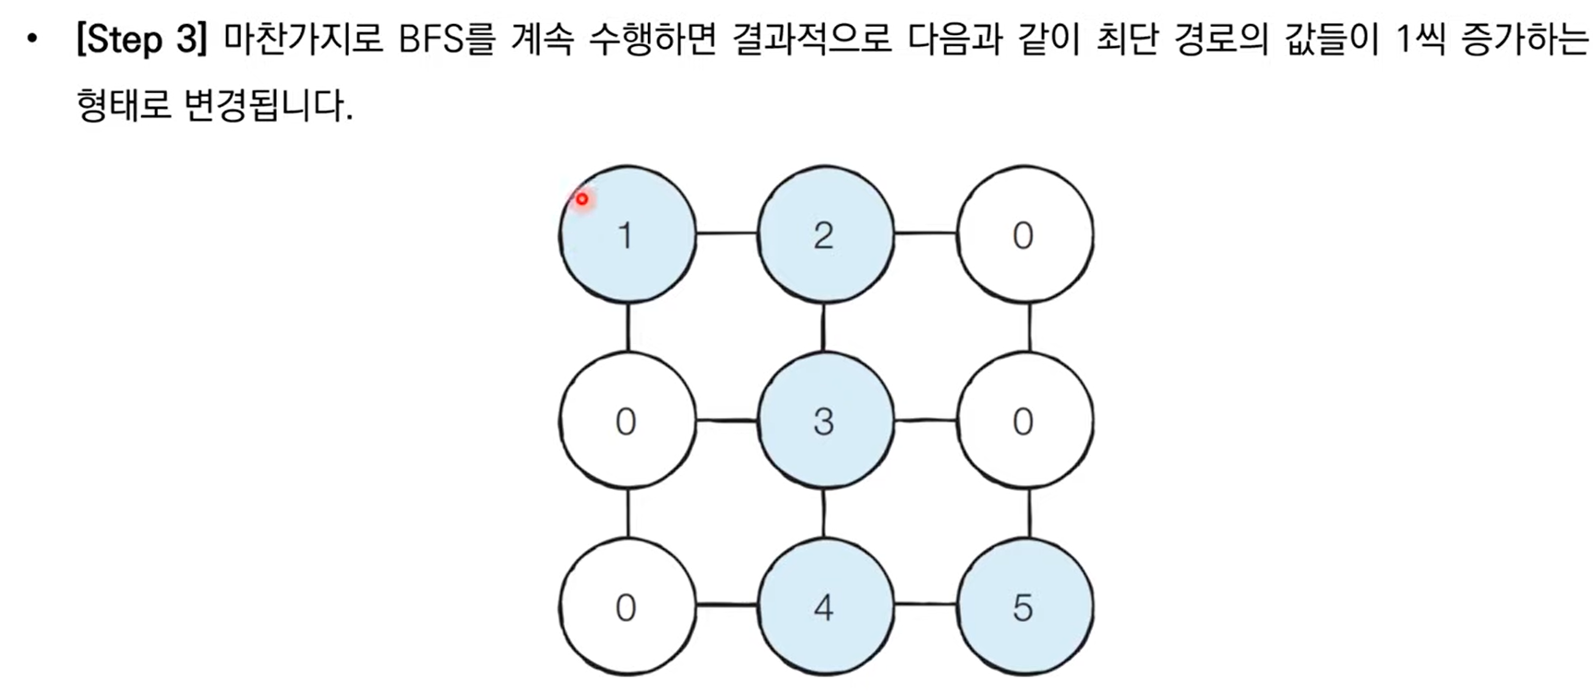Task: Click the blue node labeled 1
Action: (627, 235)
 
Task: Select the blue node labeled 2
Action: (825, 235)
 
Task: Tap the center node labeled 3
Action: (825, 422)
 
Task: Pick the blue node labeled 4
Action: (825, 608)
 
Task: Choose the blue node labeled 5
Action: (1024, 608)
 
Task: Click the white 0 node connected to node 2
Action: (1024, 235)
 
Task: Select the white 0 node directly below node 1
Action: (627, 422)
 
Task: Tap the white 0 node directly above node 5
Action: (1024, 422)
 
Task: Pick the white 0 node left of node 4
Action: (627, 608)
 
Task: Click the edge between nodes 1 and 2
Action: (726, 233)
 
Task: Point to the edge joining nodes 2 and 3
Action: (824, 328)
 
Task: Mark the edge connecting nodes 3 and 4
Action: (824, 514)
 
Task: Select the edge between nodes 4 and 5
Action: (925, 605)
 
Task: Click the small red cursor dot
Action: (581, 198)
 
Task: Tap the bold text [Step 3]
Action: (141, 41)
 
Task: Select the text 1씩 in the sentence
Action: (1419, 41)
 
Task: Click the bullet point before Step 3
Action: (33, 41)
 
